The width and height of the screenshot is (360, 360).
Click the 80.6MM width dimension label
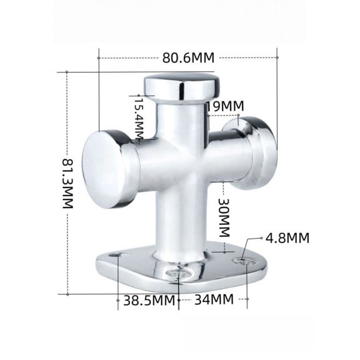point(188,57)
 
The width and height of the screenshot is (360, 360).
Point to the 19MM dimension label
point(224,107)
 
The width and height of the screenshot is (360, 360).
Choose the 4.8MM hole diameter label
point(287,237)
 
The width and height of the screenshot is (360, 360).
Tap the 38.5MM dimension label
point(148,299)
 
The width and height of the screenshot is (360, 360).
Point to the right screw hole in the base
point(242,258)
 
